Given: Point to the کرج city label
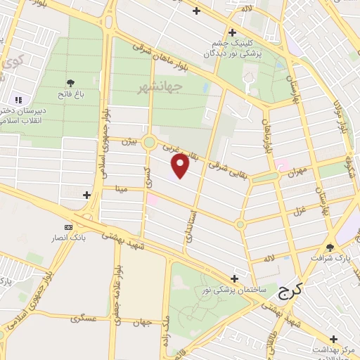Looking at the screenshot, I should (289, 289).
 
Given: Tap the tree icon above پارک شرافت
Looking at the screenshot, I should (330, 247).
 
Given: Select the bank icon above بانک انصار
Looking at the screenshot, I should (68, 227).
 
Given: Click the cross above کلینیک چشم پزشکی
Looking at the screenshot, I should (232, 32).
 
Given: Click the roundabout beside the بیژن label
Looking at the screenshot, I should (149, 143).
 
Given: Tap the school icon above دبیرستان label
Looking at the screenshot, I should (18, 99).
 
